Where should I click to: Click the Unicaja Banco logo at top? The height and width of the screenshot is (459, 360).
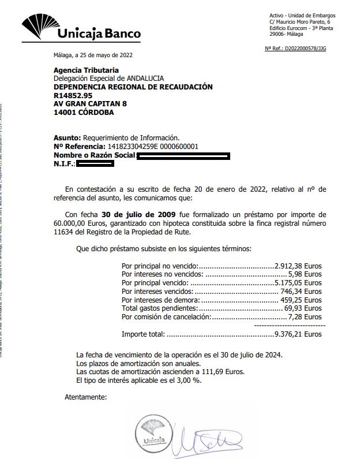(x=81, y=29)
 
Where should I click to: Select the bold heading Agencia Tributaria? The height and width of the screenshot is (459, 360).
(x=86, y=70)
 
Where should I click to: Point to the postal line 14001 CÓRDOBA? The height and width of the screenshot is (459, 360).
(x=84, y=112)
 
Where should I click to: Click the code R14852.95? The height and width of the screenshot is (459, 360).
(x=73, y=95)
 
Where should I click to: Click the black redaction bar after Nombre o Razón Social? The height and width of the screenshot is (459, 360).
(x=183, y=155)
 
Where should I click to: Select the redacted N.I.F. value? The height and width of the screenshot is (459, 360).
(x=95, y=164)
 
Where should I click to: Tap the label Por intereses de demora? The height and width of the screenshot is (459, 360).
(x=160, y=300)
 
